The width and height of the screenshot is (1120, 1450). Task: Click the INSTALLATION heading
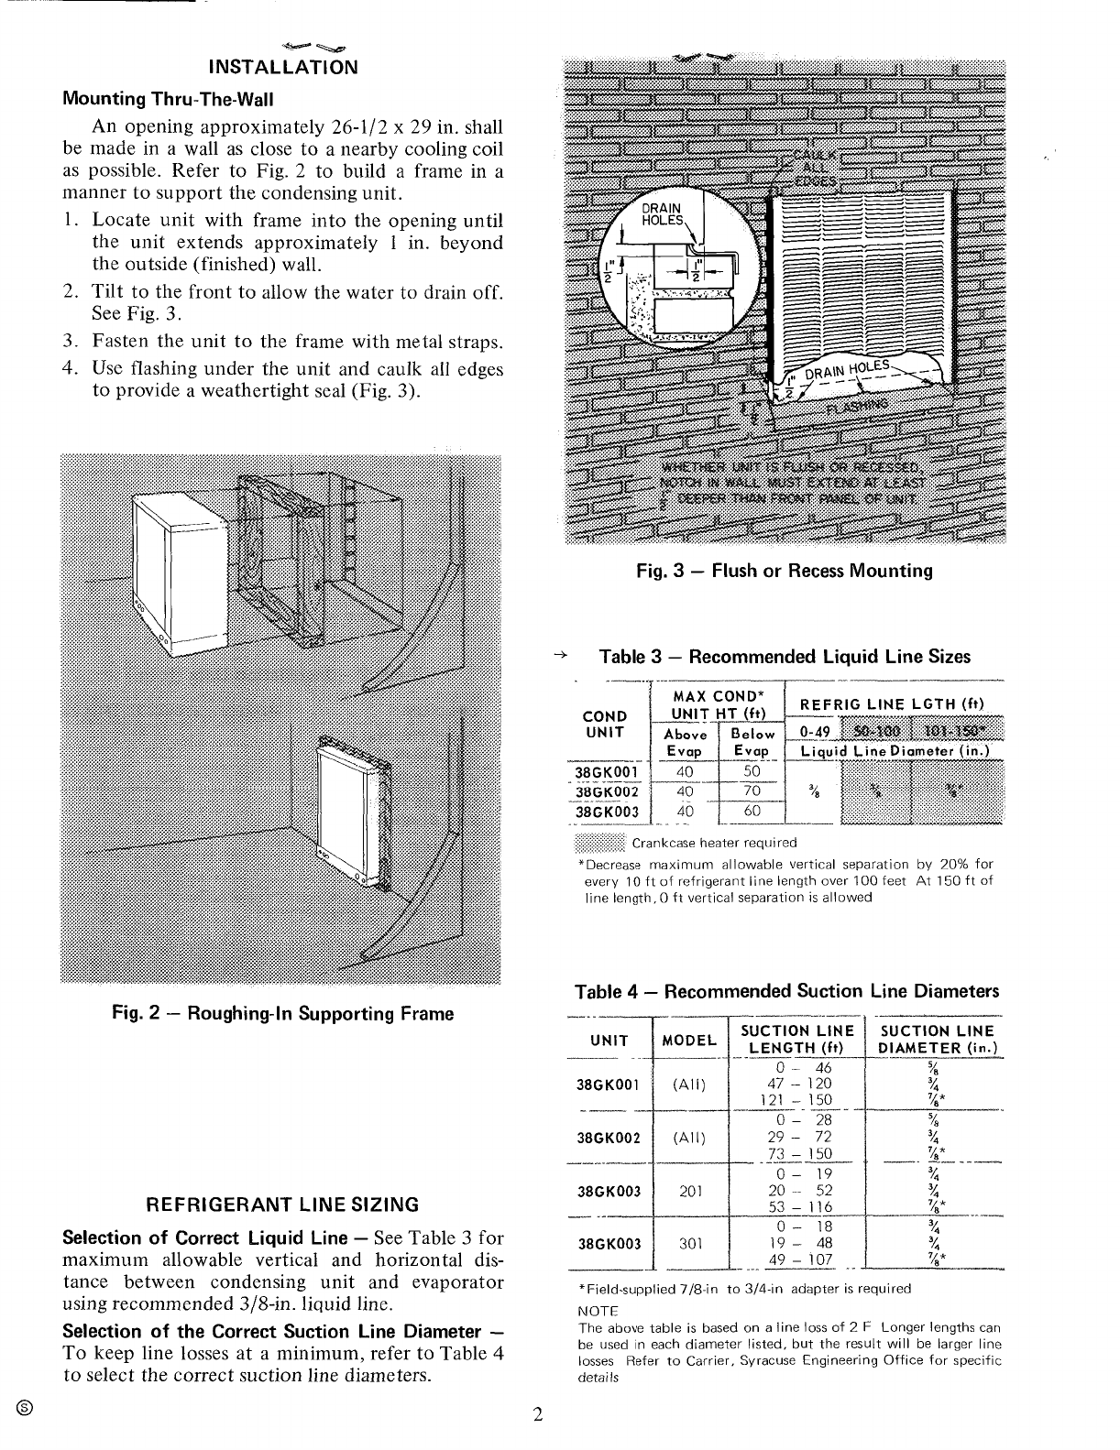click(x=282, y=67)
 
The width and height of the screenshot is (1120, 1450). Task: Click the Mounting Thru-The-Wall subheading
click(x=168, y=98)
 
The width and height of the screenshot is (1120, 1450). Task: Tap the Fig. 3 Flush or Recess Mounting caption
click(x=785, y=571)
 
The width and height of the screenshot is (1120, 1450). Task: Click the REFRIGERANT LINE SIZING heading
click(x=283, y=1204)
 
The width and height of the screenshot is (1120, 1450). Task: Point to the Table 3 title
click(x=784, y=657)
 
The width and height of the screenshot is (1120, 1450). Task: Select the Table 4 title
click(x=785, y=991)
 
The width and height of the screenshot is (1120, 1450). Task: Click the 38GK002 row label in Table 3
click(x=606, y=791)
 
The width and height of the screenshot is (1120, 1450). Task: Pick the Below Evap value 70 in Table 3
click(x=752, y=791)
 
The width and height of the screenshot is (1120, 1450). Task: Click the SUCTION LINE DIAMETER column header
click(x=937, y=1040)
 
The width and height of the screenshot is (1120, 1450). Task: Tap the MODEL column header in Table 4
click(x=689, y=1040)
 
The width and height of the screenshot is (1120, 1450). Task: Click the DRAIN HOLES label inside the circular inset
click(x=663, y=213)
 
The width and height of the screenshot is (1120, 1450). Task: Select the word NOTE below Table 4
click(x=598, y=1312)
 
